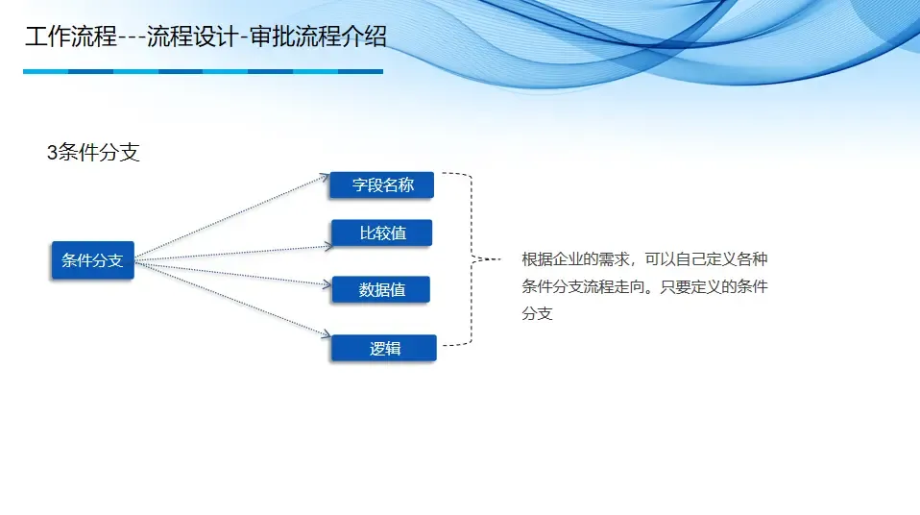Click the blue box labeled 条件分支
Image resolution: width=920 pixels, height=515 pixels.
pos(92,260)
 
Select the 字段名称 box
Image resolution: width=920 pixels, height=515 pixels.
pos(382,185)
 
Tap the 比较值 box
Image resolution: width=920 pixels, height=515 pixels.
pos(382,233)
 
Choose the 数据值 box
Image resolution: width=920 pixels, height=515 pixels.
pos(381,290)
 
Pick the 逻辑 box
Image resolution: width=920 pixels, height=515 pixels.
pos(384,349)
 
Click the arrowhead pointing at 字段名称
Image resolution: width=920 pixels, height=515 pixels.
pos(326,177)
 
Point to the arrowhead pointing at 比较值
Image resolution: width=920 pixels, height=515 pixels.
pos(327,246)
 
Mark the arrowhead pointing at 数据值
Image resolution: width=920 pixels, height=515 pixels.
pos(327,283)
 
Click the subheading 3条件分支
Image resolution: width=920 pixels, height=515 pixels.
pos(93,152)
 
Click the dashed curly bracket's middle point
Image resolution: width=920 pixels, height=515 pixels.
pos(475,258)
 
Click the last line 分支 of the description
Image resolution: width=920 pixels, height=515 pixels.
pos(537,314)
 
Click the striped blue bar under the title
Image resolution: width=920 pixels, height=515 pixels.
pos(203,71)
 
